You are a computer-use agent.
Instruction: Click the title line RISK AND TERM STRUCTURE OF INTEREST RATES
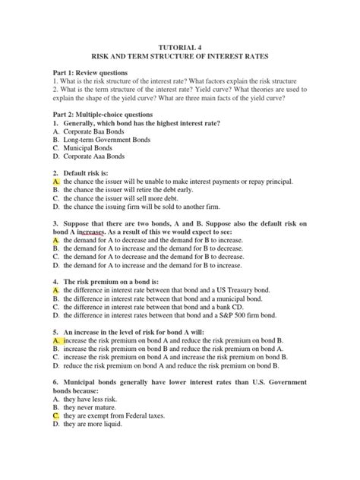coord(179,57)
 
